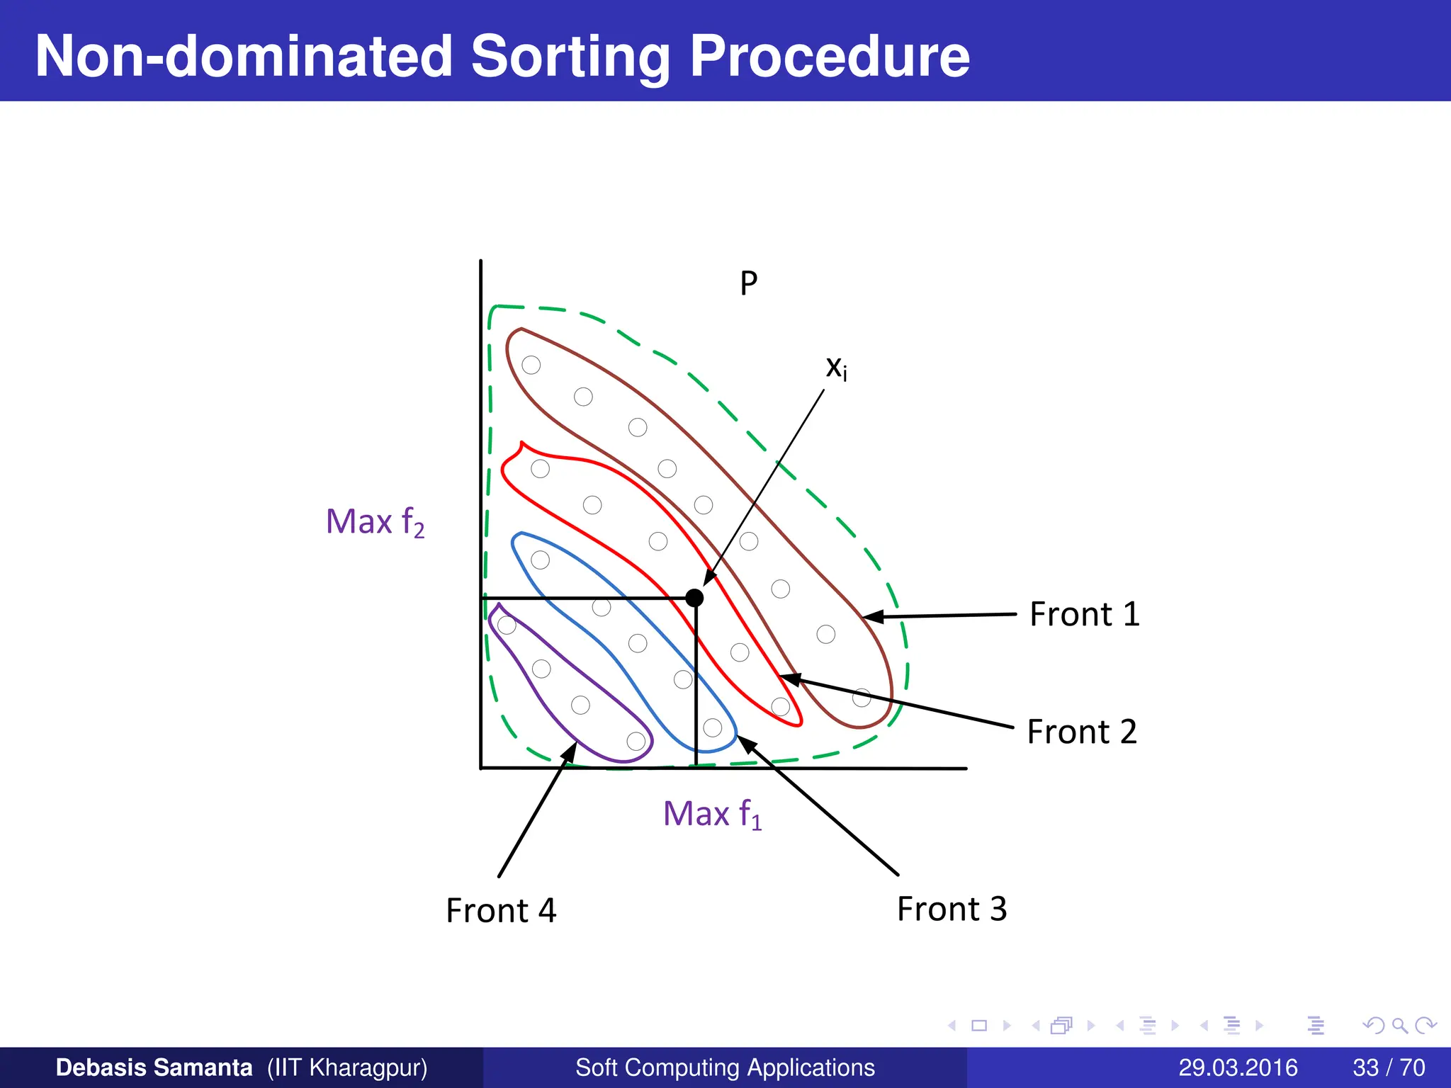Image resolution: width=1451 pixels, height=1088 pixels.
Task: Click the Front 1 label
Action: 1084,614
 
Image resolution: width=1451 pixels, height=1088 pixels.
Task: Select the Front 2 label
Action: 1081,732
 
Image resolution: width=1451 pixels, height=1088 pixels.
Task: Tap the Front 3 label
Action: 952,909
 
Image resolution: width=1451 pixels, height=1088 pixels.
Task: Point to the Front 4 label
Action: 501,910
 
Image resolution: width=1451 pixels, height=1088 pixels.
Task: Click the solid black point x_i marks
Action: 695,598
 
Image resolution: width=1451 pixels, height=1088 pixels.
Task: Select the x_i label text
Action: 836,368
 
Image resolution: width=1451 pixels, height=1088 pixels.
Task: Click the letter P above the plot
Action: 749,283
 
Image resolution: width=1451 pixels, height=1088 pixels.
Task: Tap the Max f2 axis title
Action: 375,522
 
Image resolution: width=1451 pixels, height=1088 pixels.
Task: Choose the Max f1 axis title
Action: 712,814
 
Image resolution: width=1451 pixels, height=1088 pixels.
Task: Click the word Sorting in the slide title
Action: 570,57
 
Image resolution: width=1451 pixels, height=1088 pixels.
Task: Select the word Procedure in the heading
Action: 829,57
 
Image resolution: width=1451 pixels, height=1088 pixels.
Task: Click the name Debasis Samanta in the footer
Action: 154,1067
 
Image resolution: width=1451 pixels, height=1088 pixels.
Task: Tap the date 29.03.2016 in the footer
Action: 1238,1067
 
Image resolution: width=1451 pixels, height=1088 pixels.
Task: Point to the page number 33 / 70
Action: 1389,1067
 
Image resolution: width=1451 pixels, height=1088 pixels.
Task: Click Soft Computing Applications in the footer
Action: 725,1067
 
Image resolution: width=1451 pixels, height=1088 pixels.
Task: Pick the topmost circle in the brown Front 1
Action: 531,365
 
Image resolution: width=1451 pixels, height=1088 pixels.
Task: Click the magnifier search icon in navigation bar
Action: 1399,1026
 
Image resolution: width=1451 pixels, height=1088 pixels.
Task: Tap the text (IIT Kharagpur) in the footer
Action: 347,1067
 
